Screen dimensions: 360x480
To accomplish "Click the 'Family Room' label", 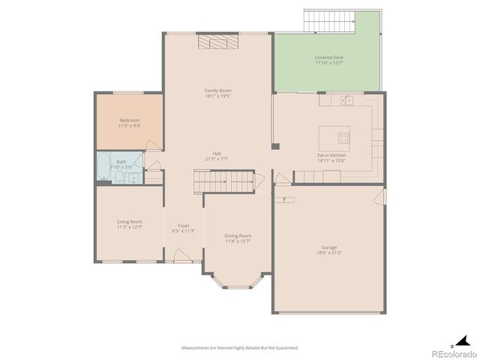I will point(218,90).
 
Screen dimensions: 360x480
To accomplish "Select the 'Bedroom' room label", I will point(129,120).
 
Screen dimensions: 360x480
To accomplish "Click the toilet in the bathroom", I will point(118,178).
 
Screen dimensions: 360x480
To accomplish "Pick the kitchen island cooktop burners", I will point(343,138).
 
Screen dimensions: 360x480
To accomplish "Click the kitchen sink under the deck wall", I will point(346,100).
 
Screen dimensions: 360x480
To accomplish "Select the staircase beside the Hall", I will point(211,181).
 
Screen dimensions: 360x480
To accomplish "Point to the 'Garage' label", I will point(329,247).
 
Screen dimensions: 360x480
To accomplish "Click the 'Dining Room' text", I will point(238,235).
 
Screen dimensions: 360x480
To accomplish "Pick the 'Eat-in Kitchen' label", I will point(331,154).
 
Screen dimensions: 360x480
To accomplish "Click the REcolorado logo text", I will point(453,352).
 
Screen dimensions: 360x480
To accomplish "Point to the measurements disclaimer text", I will point(240,347).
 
